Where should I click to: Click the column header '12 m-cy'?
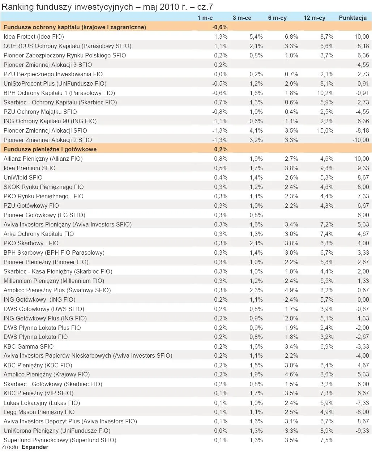[314, 18]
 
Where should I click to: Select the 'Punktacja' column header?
[352, 18]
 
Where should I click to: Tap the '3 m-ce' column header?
[242, 18]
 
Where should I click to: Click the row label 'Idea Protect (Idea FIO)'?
[34, 36]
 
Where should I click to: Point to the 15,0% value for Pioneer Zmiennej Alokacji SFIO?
[325, 130]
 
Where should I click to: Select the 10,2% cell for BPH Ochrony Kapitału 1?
[325, 93]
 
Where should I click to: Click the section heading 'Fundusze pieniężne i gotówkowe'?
[50, 149]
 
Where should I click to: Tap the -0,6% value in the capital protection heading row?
[220, 27]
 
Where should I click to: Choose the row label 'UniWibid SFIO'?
[23, 177]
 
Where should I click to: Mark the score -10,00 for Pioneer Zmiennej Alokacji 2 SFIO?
[360, 140]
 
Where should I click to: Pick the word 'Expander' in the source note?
[35, 447]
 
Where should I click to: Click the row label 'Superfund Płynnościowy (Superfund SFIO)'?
[60, 440]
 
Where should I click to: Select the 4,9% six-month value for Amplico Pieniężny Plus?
[291, 290]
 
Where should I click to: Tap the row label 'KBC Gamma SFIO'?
[29, 346]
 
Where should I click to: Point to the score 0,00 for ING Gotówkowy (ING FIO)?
[363, 299]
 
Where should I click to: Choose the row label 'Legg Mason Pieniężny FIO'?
[39, 412]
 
